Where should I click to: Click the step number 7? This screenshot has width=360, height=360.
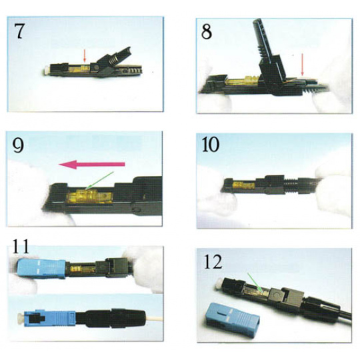[19, 31]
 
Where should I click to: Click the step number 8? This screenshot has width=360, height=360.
[207, 31]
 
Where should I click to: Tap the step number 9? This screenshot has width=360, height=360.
[18, 145]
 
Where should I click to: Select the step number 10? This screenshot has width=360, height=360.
[211, 145]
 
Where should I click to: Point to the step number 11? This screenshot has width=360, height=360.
[21, 246]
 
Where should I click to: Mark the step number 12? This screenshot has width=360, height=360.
[213, 262]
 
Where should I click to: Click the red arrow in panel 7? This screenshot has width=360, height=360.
[85, 55]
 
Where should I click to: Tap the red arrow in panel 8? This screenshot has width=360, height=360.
[303, 65]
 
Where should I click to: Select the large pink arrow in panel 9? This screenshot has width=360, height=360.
[92, 164]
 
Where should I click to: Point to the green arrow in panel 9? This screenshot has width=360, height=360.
[99, 181]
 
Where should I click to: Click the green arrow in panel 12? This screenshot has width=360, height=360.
[255, 283]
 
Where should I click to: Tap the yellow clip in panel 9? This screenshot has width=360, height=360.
[89, 197]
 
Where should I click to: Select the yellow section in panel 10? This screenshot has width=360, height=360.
[244, 185]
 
